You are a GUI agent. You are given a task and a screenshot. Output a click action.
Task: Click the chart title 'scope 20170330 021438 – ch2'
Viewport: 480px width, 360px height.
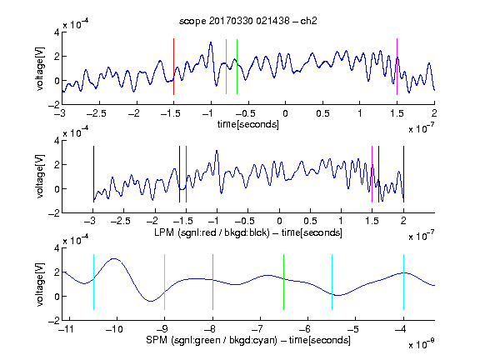tap(248, 21)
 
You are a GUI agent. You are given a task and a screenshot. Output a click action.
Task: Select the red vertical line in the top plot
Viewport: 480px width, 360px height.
tap(173, 67)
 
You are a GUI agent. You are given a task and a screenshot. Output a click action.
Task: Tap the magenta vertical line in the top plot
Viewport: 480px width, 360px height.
tap(397, 67)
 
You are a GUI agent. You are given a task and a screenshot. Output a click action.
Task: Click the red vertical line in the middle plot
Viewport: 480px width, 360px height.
tap(186, 174)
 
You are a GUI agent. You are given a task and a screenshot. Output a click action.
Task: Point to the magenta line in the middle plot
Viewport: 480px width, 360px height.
tap(372, 174)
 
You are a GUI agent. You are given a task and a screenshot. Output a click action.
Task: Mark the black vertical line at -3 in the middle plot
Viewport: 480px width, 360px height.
tap(93, 174)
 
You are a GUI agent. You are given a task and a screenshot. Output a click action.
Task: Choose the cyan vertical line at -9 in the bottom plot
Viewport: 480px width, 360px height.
tap(164, 282)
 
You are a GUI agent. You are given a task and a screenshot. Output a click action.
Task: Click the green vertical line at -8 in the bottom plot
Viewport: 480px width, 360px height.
tap(212, 282)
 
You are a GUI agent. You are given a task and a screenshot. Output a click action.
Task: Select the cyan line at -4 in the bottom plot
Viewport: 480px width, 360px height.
tap(403, 282)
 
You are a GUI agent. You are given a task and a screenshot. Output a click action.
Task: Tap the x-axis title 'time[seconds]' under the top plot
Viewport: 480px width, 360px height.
tap(248, 124)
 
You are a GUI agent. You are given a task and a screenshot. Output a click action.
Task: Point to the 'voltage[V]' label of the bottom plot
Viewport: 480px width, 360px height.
tap(40, 284)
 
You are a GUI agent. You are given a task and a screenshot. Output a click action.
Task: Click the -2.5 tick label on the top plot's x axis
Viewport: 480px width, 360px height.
tap(96, 113)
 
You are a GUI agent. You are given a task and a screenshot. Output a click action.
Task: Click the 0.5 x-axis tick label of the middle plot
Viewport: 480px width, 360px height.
tap(310, 221)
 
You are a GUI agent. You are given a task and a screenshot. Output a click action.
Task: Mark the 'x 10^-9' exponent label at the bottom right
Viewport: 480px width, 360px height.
tap(421, 343)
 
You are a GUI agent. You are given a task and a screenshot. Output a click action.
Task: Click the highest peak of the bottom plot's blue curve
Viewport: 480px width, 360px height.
tap(114, 258)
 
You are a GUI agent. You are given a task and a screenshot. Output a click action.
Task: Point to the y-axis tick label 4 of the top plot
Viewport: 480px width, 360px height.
tap(57, 32)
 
